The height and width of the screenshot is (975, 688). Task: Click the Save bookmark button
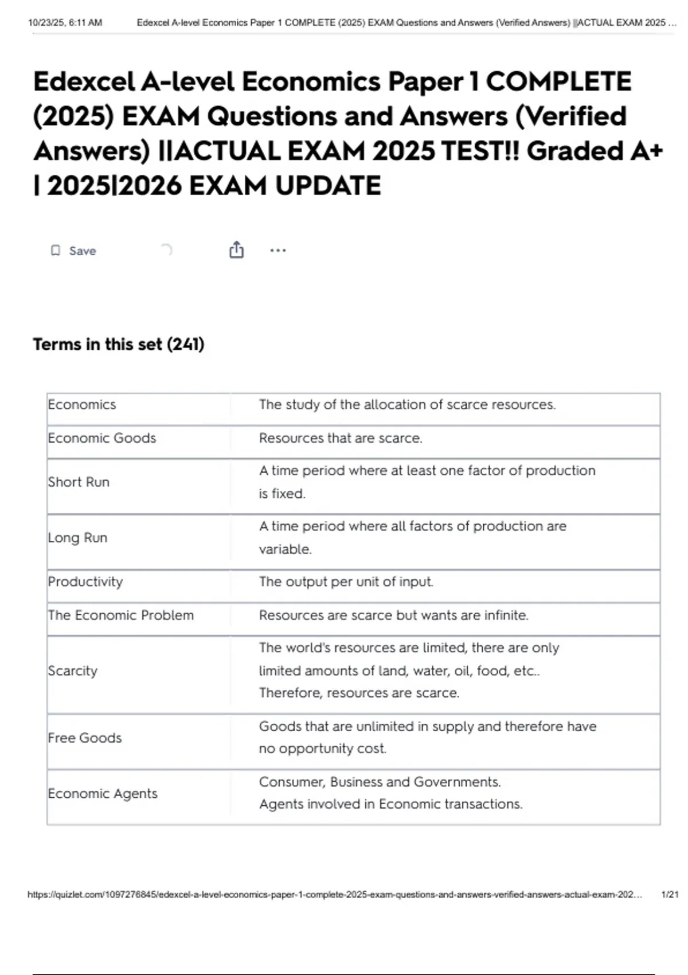click(x=73, y=251)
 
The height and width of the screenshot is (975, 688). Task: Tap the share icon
click(x=236, y=250)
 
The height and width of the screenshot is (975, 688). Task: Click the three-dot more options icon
click(x=277, y=250)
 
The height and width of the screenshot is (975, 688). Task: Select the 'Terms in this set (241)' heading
click(x=119, y=344)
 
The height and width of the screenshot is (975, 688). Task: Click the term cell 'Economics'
click(x=82, y=405)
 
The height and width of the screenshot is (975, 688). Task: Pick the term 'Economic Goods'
click(x=102, y=438)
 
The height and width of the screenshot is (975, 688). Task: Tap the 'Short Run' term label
click(x=79, y=482)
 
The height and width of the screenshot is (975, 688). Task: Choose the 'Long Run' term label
click(x=77, y=538)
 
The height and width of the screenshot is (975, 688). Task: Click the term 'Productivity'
click(x=85, y=582)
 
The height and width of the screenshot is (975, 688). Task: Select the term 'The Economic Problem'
click(x=121, y=615)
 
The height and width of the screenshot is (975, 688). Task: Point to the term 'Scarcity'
click(x=73, y=671)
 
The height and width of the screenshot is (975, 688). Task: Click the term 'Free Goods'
click(x=85, y=738)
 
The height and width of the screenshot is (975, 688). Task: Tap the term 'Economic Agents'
click(x=103, y=794)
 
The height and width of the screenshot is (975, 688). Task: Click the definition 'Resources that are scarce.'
click(x=341, y=438)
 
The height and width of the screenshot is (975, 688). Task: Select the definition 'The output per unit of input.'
click(x=346, y=582)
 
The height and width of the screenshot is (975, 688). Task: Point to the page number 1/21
click(x=670, y=895)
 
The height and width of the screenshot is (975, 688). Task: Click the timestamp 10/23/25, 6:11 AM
click(x=65, y=23)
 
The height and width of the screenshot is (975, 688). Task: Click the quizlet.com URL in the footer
click(x=335, y=895)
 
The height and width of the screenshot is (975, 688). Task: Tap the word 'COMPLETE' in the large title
click(x=558, y=81)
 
